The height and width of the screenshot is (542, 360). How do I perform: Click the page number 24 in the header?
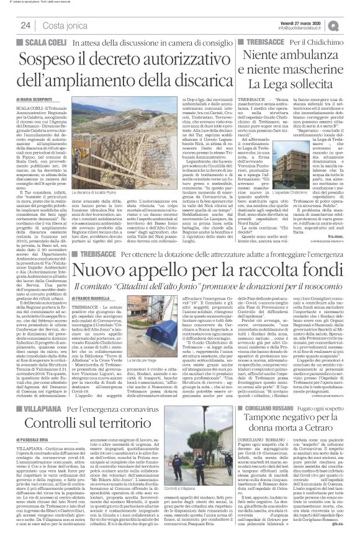[x=25, y=24]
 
